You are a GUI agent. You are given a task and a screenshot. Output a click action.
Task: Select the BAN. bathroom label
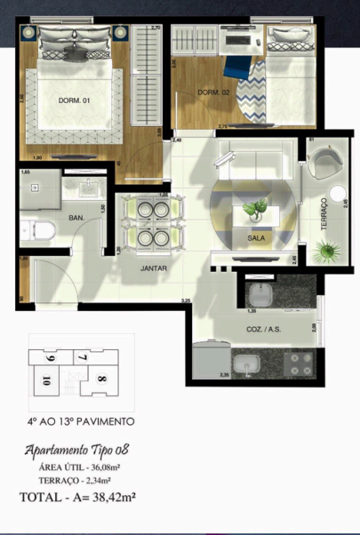pos(76,217)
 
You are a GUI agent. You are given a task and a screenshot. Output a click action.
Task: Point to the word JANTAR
pos(154,267)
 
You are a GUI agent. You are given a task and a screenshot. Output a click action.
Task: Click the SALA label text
pos(256,238)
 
